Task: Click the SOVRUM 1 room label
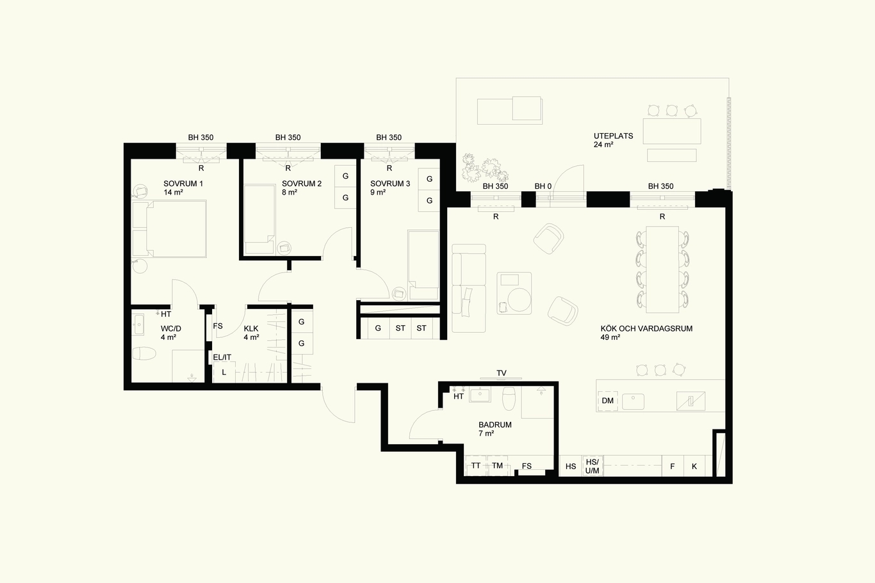coord(183,184)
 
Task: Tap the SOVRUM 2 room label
coord(302,184)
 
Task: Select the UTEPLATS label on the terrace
coord(613,136)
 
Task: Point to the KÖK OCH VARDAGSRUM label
coord(646,328)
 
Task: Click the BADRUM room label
coord(495,424)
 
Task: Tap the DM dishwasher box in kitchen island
coord(607,401)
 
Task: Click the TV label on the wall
coord(501,373)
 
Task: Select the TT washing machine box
coord(476,465)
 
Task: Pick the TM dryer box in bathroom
coord(497,465)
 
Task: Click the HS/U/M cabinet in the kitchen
coord(592,466)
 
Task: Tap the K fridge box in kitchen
coord(694,466)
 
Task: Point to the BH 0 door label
coord(543,186)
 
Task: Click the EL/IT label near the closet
coord(222,357)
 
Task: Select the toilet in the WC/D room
coord(144,354)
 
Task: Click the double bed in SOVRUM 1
coord(169,228)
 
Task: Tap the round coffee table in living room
coord(519,299)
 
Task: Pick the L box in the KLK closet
coord(224,372)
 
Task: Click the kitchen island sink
coord(633,401)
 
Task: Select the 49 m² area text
coord(610,337)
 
